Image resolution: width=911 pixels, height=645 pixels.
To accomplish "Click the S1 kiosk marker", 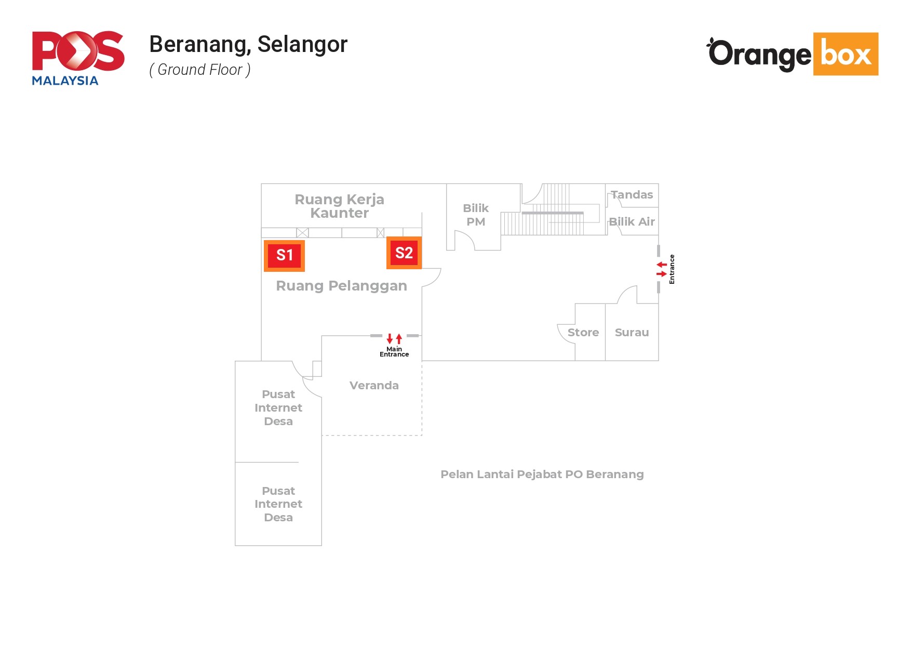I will click(x=284, y=255).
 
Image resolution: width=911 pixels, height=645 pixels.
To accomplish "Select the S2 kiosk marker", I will click(x=404, y=253).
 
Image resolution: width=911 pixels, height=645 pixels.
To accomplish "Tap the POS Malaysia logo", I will click(x=78, y=58).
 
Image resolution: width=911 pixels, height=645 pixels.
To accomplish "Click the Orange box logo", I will click(x=793, y=54).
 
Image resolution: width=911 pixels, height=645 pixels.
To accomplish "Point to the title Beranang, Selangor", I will click(x=248, y=45).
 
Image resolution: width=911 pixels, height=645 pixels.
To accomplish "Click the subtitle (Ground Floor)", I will click(x=200, y=70).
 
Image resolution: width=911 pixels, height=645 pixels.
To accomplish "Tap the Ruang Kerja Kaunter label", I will click(x=339, y=206).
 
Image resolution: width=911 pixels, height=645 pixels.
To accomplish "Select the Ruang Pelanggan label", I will click(x=341, y=286).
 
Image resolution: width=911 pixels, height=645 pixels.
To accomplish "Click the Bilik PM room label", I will click(x=476, y=215).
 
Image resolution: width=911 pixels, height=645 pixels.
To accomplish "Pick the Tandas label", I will click(x=632, y=195).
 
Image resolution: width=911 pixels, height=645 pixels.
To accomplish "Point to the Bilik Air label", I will click(x=632, y=222).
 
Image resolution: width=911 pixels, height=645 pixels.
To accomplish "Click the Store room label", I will click(x=583, y=333).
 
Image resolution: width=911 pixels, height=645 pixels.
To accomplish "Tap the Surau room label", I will click(x=632, y=333).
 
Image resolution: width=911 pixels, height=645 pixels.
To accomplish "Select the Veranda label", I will click(x=374, y=386).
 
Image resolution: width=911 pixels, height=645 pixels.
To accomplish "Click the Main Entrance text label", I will click(x=394, y=352).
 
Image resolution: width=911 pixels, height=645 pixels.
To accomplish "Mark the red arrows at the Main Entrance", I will click(x=394, y=338).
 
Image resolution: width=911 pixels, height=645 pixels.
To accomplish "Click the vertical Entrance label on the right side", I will click(x=672, y=269).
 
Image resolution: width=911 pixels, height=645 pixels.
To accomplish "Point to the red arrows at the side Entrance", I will click(x=661, y=269).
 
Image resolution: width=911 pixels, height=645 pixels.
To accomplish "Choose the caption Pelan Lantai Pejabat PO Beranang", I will click(x=542, y=475).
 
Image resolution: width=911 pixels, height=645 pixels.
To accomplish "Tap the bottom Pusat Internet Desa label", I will click(x=278, y=504).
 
